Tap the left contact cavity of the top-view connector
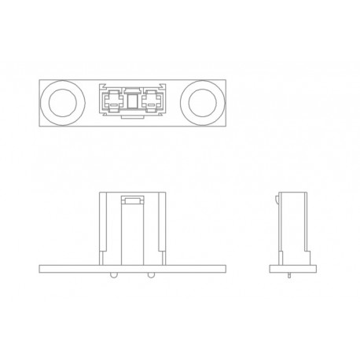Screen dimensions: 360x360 pyautogui.click(x=112, y=101)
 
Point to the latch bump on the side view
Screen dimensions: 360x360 pyautogui.click(x=279, y=202)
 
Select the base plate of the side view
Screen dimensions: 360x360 pyautogui.click(x=292, y=269)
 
